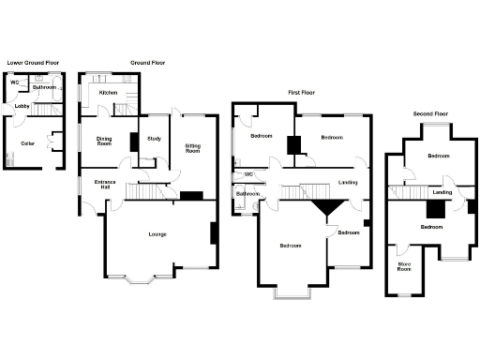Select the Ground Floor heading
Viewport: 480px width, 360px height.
pos(146,63)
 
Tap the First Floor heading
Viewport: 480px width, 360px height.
pos(302,92)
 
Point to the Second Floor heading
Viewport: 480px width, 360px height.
pos(430,113)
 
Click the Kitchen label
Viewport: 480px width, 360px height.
pos(108,93)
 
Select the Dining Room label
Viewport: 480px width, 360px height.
pos(104,142)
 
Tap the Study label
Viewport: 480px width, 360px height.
pos(153,141)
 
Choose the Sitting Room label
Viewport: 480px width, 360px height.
pos(193,146)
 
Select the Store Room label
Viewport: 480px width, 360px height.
pos(404,267)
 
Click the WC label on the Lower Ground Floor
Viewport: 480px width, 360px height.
pos(15,82)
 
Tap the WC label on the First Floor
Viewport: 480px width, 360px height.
pos(249,173)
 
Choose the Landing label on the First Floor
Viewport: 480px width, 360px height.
pos(348,182)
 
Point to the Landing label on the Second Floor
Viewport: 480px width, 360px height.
pos(442,192)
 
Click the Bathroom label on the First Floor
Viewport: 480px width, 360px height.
pos(247,194)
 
